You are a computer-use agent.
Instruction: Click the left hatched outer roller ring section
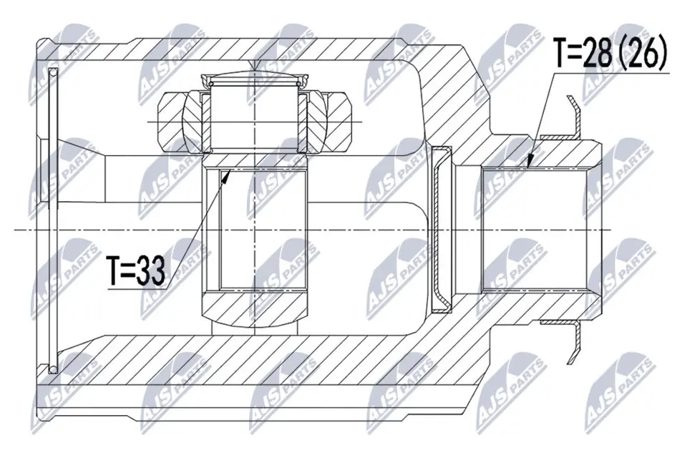[179, 122]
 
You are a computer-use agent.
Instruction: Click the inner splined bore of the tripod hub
[256, 229]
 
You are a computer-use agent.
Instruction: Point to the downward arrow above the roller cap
[256, 67]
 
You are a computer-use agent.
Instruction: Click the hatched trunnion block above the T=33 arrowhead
[256, 159]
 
